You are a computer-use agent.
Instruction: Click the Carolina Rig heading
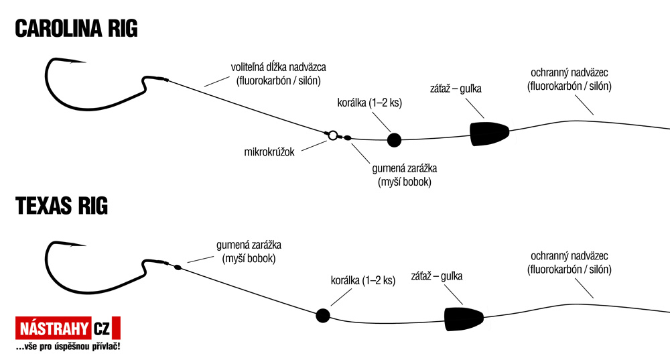pyautogui.click(x=76, y=29)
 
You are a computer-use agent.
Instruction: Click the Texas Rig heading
pyautogui.click(x=62, y=206)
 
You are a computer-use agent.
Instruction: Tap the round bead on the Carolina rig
pyautogui.click(x=394, y=140)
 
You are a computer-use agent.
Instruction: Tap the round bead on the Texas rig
pyautogui.click(x=323, y=316)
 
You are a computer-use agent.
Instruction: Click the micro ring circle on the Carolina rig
pyautogui.click(x=333, y=135)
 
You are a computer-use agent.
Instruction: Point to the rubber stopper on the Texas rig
pyautogui.click(x=178, y=267)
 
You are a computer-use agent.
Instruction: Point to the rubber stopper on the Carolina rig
pyautogui.click(x=347, y=138)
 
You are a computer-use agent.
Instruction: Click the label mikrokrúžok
pyautogui.click(x=269, y=152)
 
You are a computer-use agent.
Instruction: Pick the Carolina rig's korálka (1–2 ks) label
pyautogui.click(x=370, y=103)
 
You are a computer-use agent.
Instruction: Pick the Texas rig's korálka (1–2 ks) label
pyautogui.click(x=363, y=281)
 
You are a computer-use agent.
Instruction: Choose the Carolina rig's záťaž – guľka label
pyautogui.click(x=456, y=89)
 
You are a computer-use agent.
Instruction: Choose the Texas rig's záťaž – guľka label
pyautogui.click(x=437, y=276)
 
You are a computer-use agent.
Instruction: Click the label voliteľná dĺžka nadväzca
pyautogui.click(x=279, y=68)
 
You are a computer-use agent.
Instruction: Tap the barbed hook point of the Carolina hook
pyautogui.click(x=84, y=62)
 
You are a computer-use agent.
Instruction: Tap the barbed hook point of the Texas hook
pyautogui.click(x=84, y=245)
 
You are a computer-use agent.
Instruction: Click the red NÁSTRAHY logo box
pyautogui.click(x=53, y=328)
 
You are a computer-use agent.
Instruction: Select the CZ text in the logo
pyautogui.click(x=102, y=328)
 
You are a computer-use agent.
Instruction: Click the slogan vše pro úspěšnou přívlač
pyautogui.click(x=68, y=347)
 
